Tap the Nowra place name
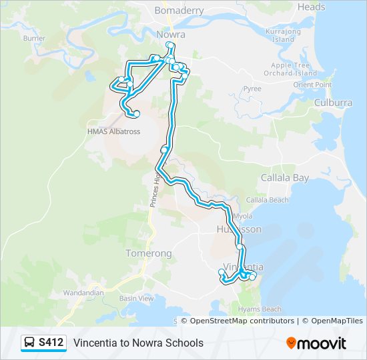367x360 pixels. (170, 34)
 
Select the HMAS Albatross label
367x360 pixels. (113, 132)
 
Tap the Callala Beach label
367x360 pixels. (267, 200)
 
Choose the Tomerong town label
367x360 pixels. (149, 253)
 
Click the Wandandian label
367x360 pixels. (83, 293)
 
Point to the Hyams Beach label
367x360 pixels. (262, 309)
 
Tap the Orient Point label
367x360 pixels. (312, 85)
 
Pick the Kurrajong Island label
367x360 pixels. (284, 35)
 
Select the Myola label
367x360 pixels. (243, 216)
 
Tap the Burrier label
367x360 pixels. (34, 38)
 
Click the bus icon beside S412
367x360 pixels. (30, 343)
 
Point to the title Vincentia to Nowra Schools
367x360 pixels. (138, 343)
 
